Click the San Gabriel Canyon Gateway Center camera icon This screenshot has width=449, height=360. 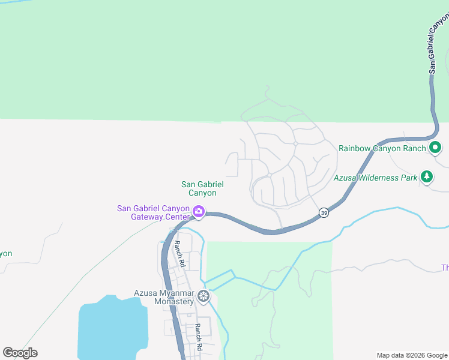(199, 212)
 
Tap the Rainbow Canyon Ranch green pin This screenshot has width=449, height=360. (435, 147)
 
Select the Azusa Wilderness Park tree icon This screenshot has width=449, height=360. (427, 176)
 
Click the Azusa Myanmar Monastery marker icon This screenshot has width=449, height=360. (204, 296)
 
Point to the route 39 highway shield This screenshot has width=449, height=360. (324, 213)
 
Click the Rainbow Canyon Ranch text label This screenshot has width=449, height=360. (382, 148)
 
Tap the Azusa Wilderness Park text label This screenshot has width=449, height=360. (375, 177)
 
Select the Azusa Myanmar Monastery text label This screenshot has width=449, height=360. (164, 296)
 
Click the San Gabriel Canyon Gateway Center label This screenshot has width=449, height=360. (154, 212)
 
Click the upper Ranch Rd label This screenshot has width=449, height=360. (178, 254)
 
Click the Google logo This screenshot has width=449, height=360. (20, 353)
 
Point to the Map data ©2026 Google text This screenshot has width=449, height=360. (412, 355)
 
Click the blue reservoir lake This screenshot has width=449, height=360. (112, 327)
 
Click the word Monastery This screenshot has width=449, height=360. (174, 301)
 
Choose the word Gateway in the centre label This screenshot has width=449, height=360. (148, 217)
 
